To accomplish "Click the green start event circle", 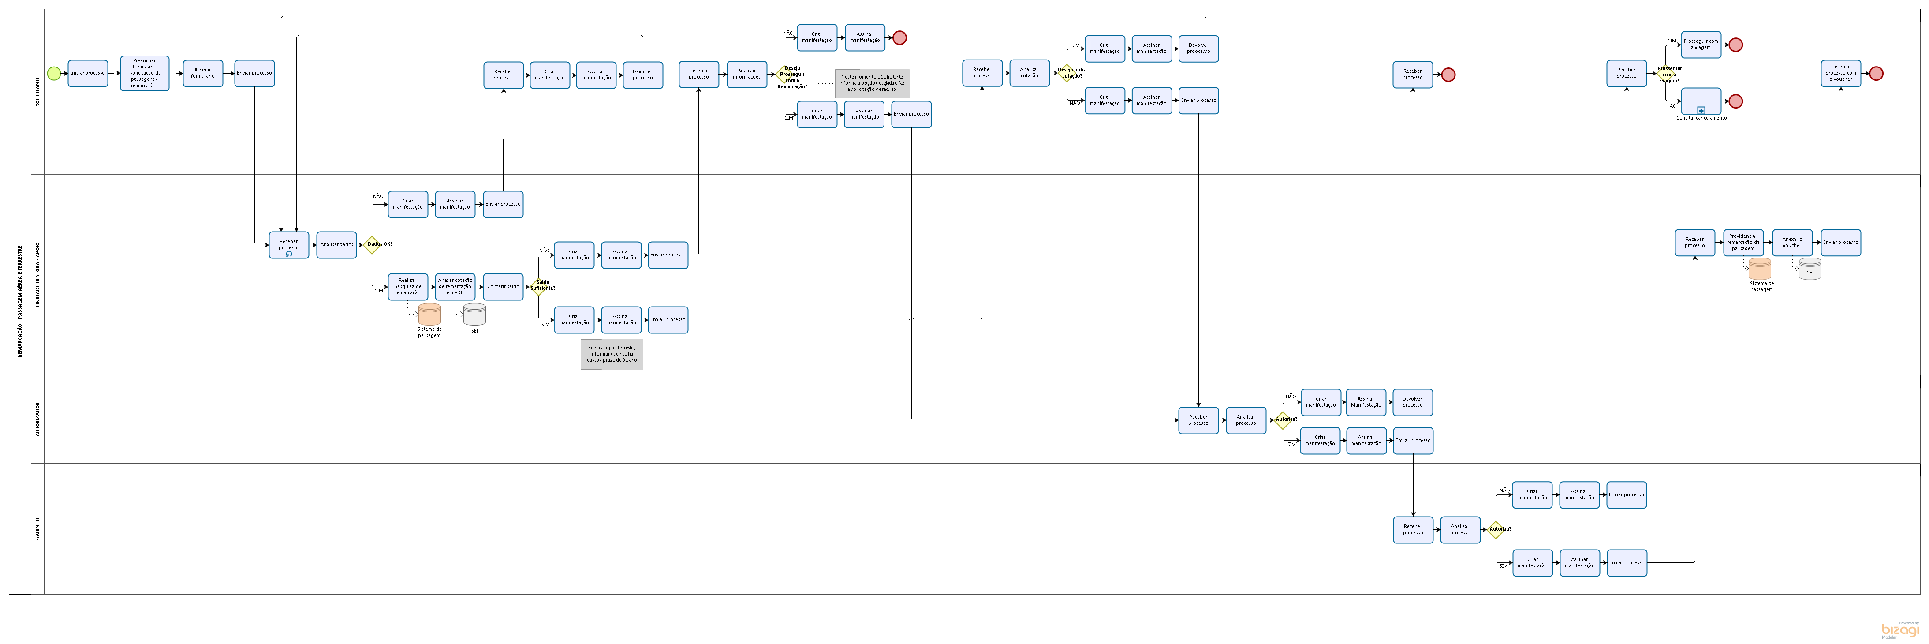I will click(53, 73).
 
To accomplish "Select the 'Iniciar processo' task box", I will click(88, 73).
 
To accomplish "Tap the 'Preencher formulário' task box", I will click(145, 73).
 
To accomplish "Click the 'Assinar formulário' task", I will click(202, 73).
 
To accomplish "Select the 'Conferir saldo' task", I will click(503, 287).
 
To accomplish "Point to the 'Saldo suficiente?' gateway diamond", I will click(538, 287).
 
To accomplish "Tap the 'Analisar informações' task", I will click(746, 74).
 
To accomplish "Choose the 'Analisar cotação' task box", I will click(1029, 73).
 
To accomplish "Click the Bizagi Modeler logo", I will click(1900, 630).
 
